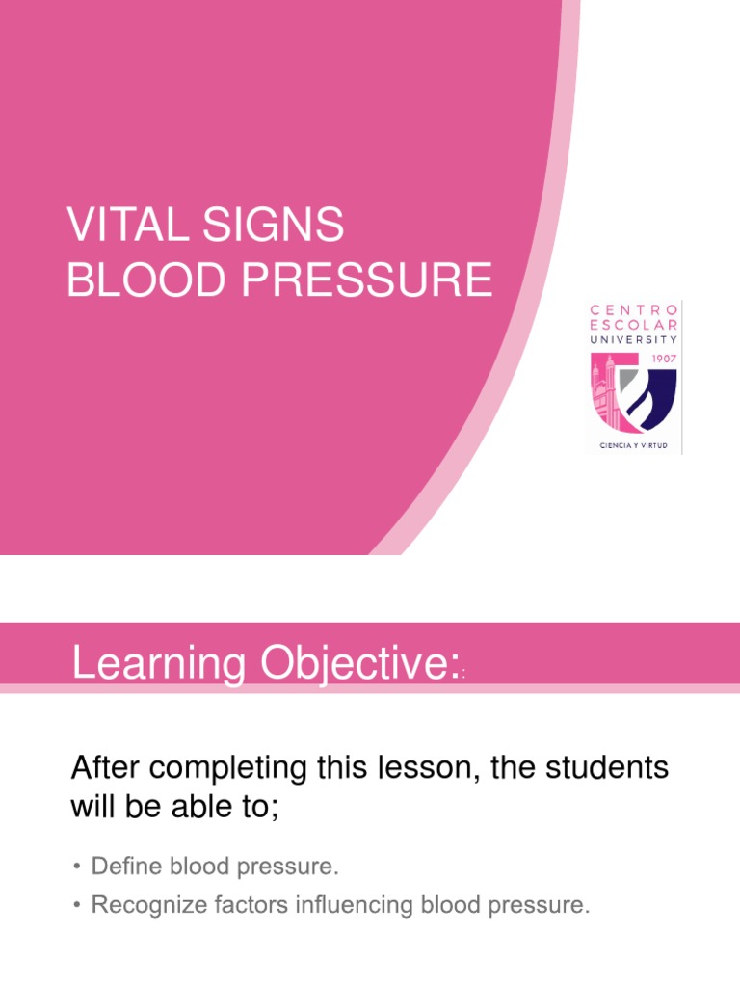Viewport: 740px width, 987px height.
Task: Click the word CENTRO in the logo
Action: point(635,310)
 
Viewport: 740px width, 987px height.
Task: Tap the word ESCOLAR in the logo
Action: point(635,325)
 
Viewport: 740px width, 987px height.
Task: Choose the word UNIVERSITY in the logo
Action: point(635,339)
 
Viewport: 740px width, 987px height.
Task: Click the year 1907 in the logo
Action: point(662,358)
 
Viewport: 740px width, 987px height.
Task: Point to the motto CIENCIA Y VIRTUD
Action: point(635,447)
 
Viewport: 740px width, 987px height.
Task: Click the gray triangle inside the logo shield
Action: point(624,377)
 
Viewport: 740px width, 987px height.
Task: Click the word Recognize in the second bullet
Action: point(145,906)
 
